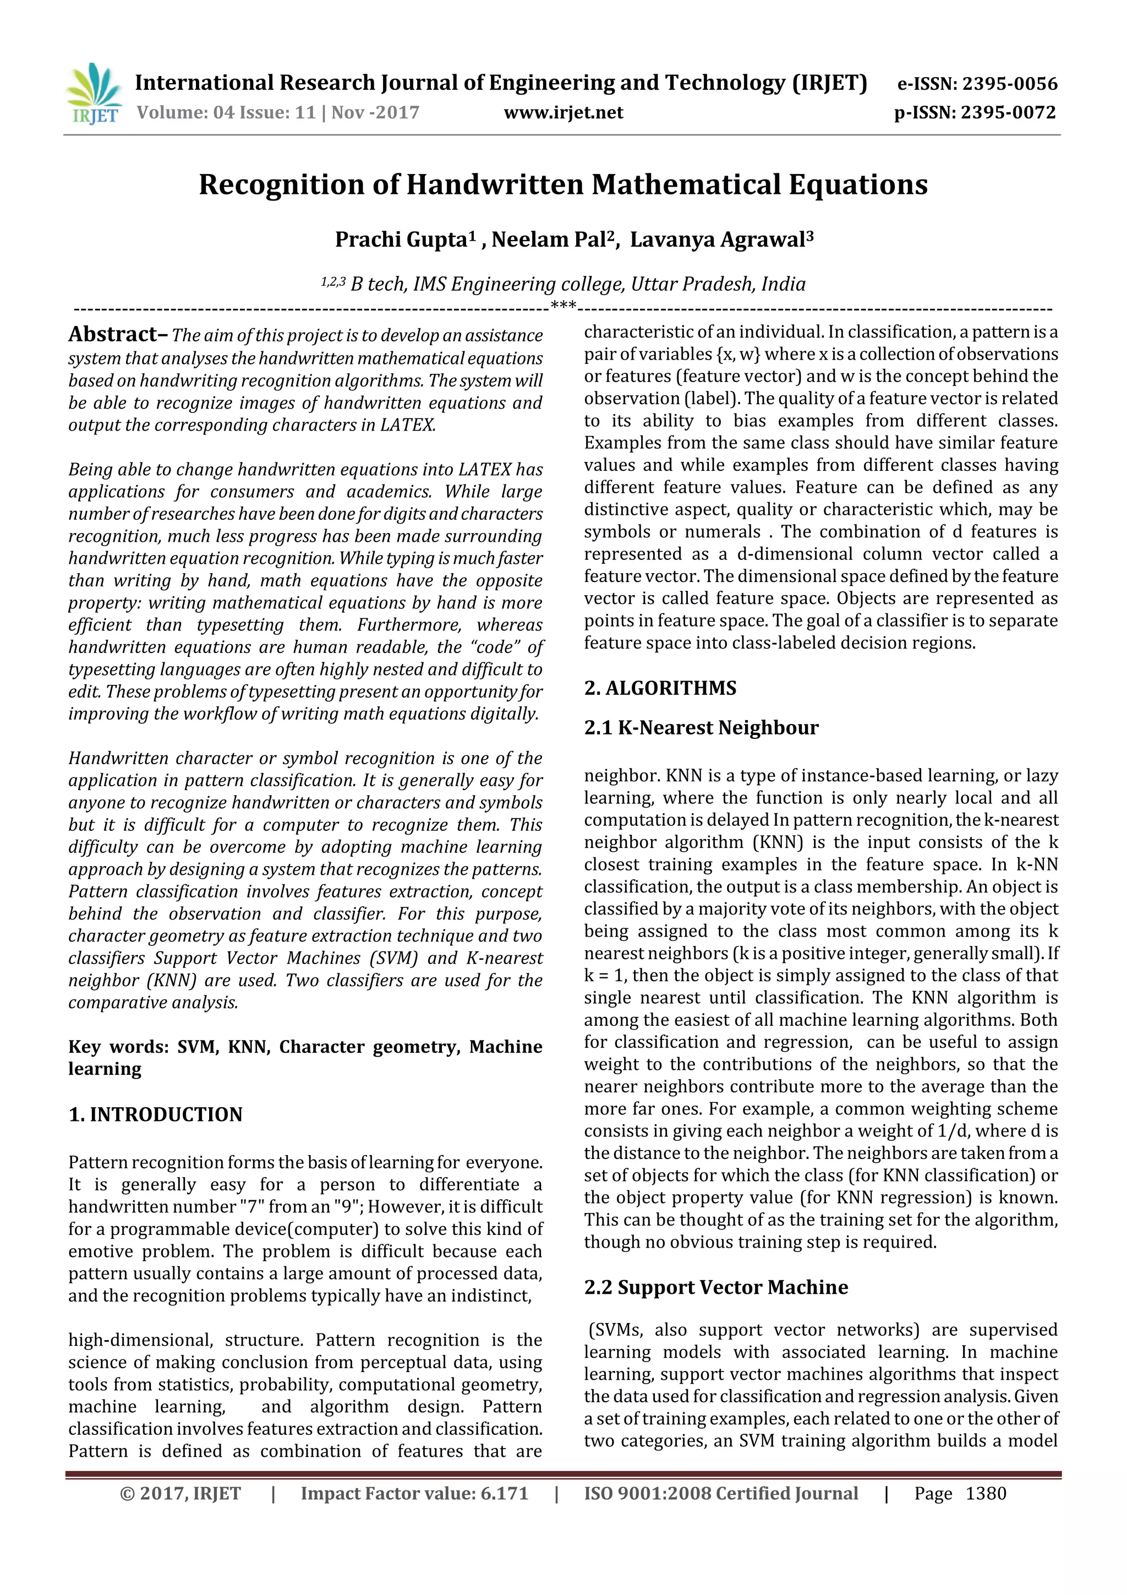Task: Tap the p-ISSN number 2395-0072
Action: pos(1008,112)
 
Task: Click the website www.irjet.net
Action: pos(563,112)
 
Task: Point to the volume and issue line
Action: pos(278,112)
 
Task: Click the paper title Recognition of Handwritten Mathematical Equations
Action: pos(563,185)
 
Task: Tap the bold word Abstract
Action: pos(114,335)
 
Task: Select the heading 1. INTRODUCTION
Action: pos(156,1115)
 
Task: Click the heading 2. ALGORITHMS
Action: pos(660,688)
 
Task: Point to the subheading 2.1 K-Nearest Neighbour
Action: pos(701,728)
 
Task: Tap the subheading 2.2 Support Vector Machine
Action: pos(716,1287)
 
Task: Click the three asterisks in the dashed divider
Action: pos(563,306)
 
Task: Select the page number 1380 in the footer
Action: pos(986,1494)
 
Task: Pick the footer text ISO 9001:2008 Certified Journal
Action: pos(721,1494)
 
